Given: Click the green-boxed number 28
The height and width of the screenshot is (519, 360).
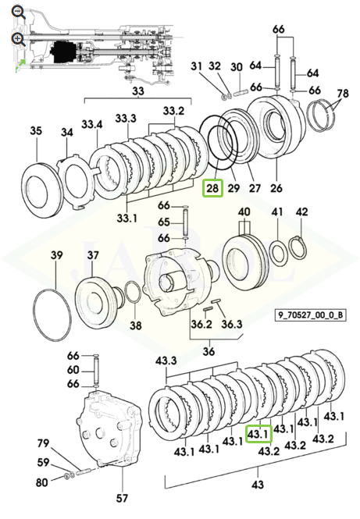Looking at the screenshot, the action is point(212,187).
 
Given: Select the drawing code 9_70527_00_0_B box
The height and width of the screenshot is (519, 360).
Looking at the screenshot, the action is point(310,315).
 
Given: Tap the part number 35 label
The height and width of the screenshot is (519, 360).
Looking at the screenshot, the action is point(36,130).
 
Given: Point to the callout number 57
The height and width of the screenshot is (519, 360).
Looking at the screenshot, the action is point(122,498).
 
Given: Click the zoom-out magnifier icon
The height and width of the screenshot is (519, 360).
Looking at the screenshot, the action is point(18,13).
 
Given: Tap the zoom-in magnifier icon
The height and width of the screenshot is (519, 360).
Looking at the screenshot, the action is point(18,39).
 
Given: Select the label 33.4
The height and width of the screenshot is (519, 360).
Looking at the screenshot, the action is point(92,124).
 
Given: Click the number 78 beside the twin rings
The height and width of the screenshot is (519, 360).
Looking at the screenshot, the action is point(343,94).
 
